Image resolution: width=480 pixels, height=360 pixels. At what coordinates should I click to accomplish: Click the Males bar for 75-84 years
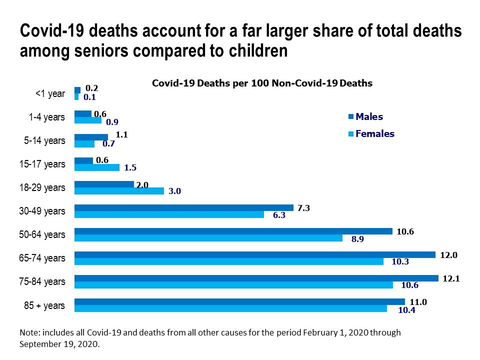[x=256, y=278]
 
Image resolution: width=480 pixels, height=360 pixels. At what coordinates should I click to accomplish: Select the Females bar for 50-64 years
[x=208, y=238]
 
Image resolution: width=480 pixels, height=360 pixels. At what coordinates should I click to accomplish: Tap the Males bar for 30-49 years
[x=183, y=207]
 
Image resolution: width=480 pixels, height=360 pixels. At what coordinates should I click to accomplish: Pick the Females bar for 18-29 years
[x=119, y=191]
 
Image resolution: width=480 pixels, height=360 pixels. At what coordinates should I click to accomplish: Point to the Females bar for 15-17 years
[x=97, y=167]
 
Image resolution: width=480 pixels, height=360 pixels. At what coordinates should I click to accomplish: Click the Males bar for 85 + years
[x=239, y=301]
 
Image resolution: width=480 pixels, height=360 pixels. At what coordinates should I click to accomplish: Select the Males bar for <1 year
[x=77, y=90]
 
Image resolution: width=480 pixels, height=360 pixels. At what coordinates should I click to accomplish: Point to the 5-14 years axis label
[x=45, y=140]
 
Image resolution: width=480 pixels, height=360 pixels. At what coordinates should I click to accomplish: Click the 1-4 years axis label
[x=46, y=117]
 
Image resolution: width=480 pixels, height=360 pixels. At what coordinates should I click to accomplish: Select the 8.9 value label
[x=357, y=239]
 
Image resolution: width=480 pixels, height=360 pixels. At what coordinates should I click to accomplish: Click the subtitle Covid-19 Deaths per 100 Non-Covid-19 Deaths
[x=262, y=83]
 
